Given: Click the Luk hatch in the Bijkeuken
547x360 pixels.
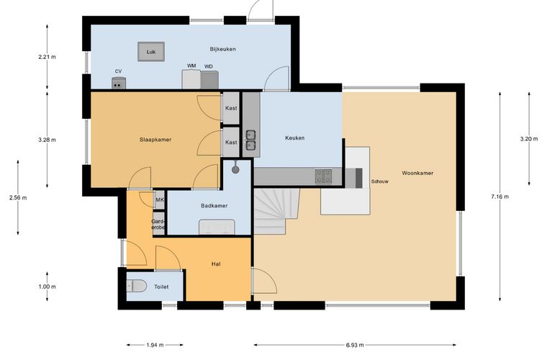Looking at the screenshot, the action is [x=151, y=52].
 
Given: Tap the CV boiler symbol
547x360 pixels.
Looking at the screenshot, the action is [x=119, y=83].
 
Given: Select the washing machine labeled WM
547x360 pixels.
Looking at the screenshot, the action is [x=191, y=79].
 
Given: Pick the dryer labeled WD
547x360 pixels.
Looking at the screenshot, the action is [x=209, y=80].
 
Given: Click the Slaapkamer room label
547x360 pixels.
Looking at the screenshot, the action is [x=155, y=140].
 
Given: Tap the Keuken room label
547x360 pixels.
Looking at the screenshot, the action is [x=295, y=138].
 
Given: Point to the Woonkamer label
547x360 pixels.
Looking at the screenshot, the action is [x=417, y=173].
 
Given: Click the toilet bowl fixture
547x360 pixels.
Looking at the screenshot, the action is [x=137, y=286].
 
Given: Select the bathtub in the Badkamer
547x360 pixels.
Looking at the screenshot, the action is [x=217, y=227].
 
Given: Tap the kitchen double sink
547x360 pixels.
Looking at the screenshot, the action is [x=250, y=140].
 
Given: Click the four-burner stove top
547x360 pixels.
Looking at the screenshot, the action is [x=323, y=176].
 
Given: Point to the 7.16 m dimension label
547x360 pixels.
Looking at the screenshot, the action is [x=499, y=197].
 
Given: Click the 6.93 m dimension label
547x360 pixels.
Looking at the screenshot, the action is [x=355, y=345].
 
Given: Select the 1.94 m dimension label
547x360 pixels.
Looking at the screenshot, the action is [x=155, y=345].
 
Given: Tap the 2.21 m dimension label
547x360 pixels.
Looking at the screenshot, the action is [x=47, y=56].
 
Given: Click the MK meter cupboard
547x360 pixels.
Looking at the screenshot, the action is [x=160, y=200].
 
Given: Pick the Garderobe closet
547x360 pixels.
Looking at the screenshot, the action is [x=158, y=224].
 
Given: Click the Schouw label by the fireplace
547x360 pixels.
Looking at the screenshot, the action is [x=379, y=181].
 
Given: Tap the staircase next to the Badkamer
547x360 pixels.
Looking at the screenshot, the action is [x=276, y=211].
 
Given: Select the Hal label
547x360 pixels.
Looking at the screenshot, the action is [x=216, y=264].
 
